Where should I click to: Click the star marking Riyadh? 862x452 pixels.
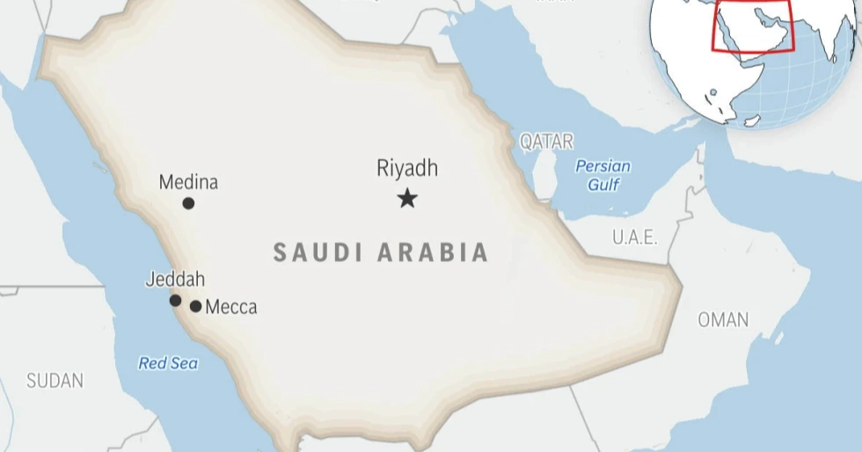(406, 198)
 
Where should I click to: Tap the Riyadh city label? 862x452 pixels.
(406, 168)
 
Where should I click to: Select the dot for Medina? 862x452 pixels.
(188, 203)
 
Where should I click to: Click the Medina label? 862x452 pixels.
(188, 183)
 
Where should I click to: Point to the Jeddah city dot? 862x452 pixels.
(175, 301)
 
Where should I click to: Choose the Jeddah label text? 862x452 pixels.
(175, 280)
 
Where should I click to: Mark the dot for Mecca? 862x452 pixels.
(195, 307)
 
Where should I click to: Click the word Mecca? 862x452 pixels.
(231, 307)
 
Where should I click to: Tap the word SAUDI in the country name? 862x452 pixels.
(318, 252)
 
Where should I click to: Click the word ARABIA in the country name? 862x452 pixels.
(434, 252)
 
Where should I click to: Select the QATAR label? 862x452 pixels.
(546, 141)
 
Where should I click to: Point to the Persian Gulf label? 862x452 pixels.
(603, 175)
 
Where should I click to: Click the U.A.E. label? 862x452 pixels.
(635, 237)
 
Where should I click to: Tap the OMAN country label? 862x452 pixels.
(723, 320)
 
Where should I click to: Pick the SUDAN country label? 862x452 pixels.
(55, 381)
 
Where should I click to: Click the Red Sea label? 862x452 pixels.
(168, 363)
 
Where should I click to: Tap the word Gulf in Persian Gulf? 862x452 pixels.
(603, 185)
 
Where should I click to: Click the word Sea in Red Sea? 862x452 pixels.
(185, 363)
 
